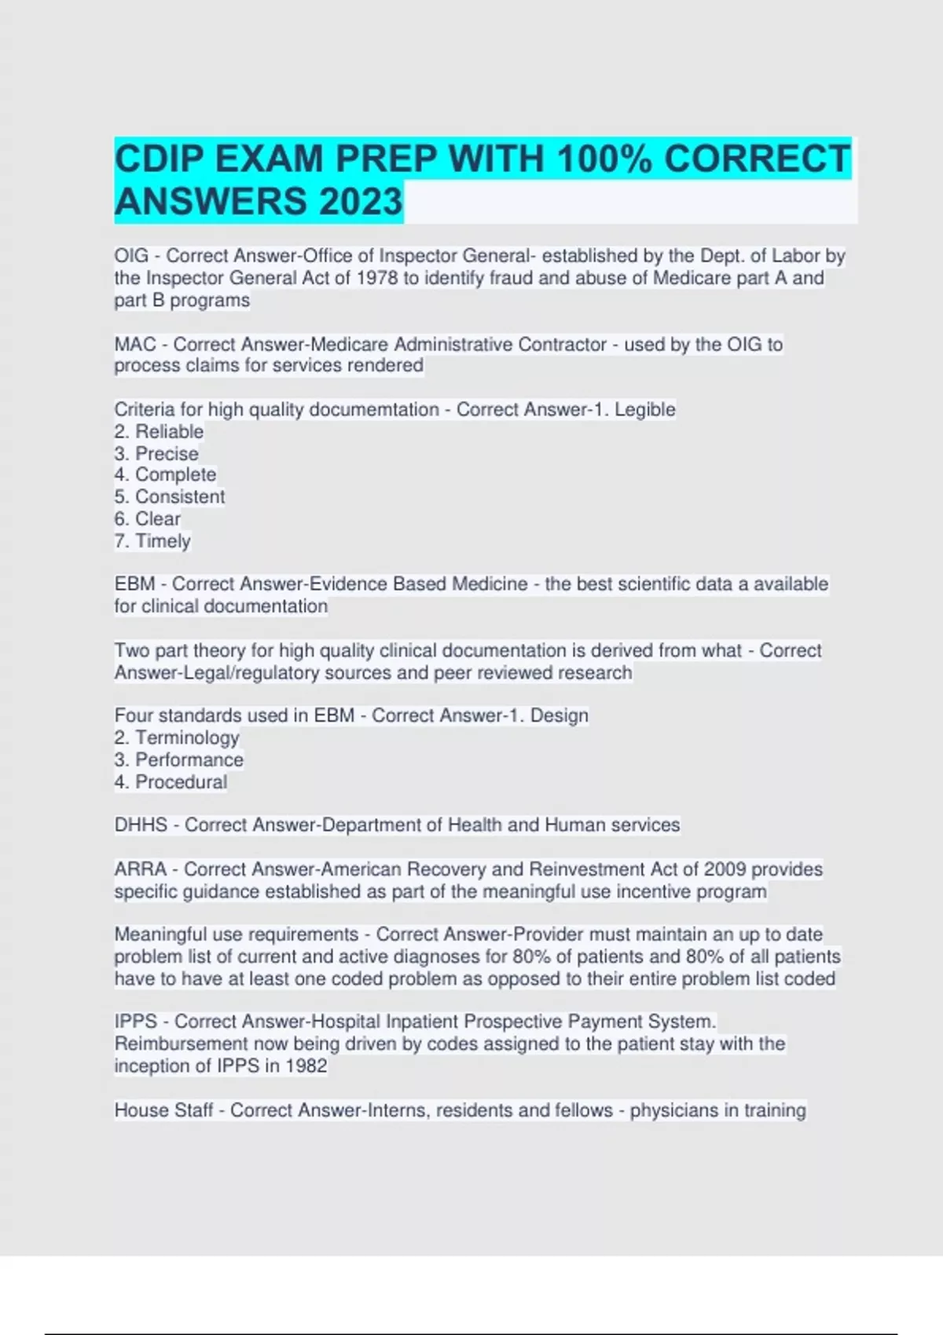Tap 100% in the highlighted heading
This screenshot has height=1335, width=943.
click(604, 159)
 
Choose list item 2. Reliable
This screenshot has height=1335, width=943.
click(159, 432)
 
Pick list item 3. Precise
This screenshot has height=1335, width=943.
click(156, 454)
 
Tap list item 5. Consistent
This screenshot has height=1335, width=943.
click(170, 497)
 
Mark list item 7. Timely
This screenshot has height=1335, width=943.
click(152, 541)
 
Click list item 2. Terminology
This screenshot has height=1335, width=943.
click(177, 738)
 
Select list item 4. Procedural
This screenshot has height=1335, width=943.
click(171, 782)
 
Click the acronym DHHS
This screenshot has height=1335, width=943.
click(141, 825)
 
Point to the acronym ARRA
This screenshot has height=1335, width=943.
click(141, 869)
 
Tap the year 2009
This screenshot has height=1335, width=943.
click(725, 869)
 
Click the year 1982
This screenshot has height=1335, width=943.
click(306, 1066)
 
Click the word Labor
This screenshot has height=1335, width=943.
click(795, 256)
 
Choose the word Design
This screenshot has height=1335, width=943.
click(560, 716)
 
